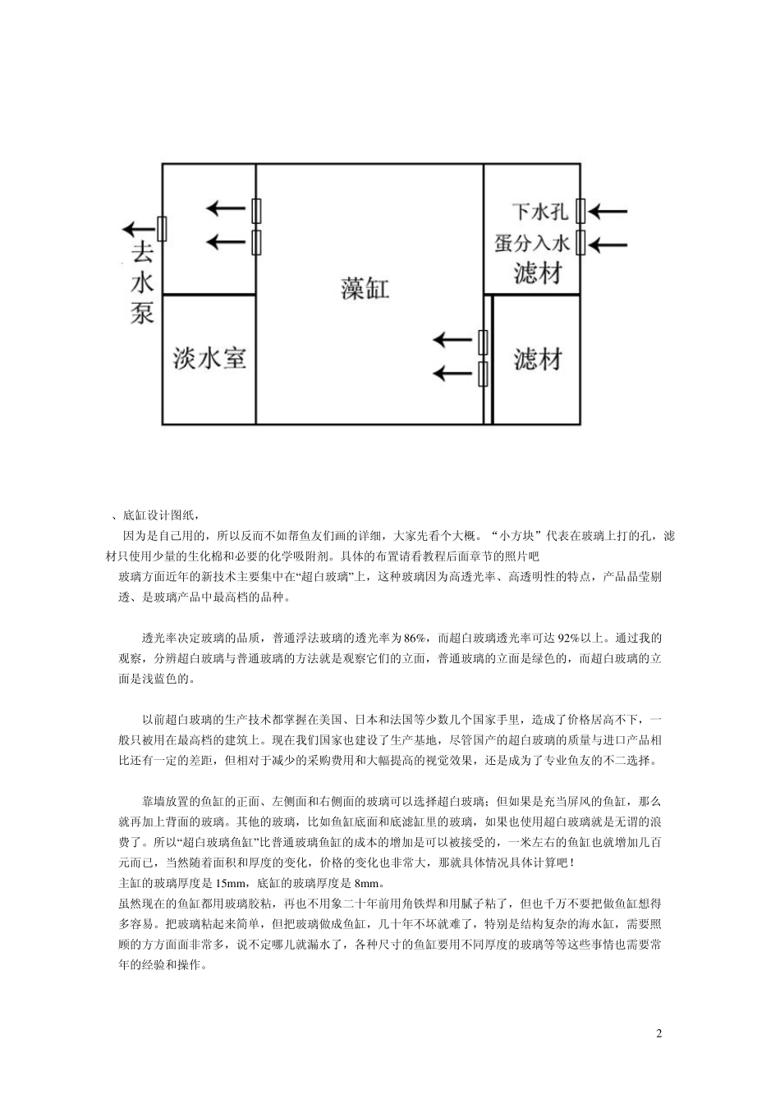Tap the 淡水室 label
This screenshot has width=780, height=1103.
pos(209,358)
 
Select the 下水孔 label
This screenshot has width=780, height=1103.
pos(539,213)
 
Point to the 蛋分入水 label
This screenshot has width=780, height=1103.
pos(533,243)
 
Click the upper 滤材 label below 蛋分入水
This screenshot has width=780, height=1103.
pos(538,272)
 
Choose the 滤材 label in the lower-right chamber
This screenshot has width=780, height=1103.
pos(538,359)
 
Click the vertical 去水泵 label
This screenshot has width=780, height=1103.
pos(142,283)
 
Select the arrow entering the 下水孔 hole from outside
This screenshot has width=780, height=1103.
pos(608,213)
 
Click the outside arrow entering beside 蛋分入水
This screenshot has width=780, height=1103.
pos(608,244)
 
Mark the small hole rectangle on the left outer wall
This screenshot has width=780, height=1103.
pos(162,228)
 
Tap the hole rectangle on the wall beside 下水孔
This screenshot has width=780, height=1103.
pos(580,212)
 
